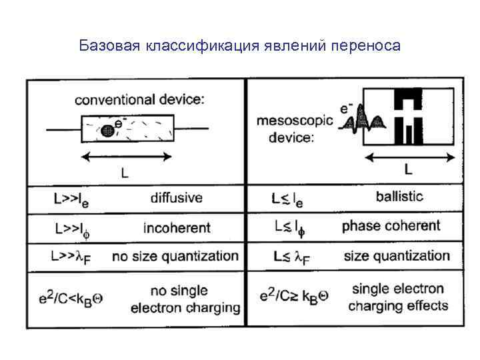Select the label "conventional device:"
(139, 100)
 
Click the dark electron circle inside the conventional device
(107, 131)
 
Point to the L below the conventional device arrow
(124, 173)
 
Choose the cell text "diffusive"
(176, 198)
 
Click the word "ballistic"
(399, 197)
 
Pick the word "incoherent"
(176, 227)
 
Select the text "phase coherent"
(391, 226)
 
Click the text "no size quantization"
(175, 256)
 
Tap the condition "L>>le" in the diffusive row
(72, 199)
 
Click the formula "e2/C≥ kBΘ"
(293, 297)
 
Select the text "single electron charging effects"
(398, 297)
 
